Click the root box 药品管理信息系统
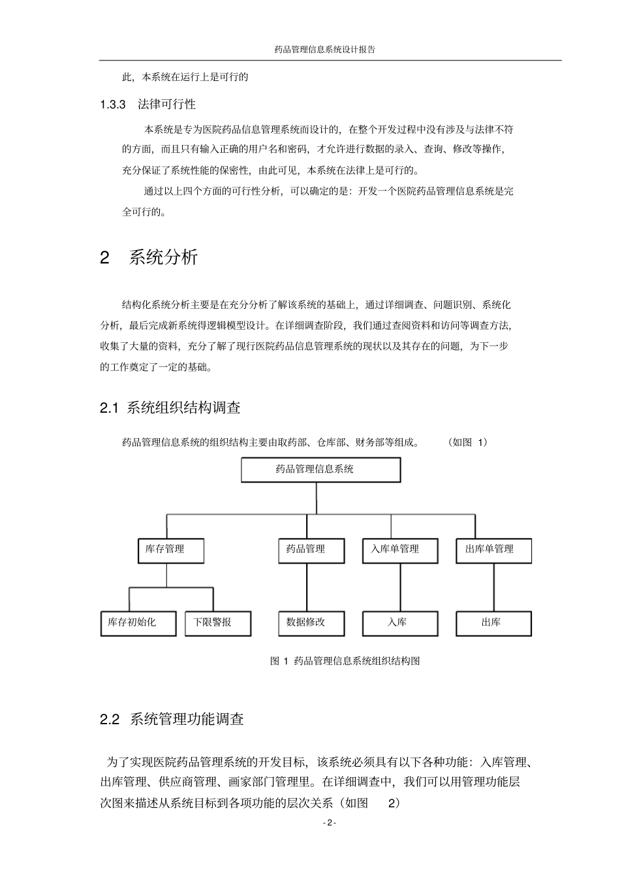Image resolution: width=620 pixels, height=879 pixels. [x=320, y=470]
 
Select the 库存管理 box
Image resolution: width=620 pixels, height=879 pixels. [x=171, y=550]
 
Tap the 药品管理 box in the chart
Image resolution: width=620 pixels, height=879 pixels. [x=306, y=550]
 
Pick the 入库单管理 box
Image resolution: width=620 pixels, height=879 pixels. [x=400, y=550]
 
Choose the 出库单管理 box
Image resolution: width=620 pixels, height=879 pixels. [x=493, y=550]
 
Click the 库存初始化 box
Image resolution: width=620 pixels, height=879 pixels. [x=138, y=623]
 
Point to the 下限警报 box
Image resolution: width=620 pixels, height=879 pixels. [x=213, y=623]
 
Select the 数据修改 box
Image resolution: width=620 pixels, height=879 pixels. [x=306, y=623]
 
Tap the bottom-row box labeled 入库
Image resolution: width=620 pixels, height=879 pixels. [x=400, y=623]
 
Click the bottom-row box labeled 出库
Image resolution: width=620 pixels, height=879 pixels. [x=493, y=623]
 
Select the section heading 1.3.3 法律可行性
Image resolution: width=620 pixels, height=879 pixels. [x=148, y=104]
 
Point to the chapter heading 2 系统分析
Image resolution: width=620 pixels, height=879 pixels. [x=149, y=257]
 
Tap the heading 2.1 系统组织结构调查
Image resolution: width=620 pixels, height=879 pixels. [x=170, y=408]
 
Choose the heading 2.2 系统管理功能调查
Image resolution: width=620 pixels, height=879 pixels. [x=172, y=720]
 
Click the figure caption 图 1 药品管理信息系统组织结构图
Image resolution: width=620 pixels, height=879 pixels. [x=345, y=661]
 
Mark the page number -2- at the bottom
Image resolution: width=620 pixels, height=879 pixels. [x=330, y=823]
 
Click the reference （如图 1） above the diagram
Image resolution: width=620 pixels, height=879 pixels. [x=468, y=442]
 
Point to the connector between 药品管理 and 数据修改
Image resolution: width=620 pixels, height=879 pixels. [x=306, y=587]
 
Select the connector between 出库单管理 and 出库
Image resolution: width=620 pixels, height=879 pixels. [x=493, y=587]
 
